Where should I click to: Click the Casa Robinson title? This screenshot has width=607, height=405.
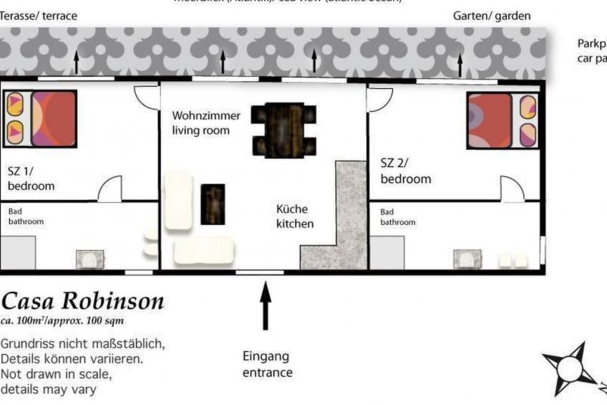pos(82,300)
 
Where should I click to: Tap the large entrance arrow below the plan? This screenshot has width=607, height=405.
pos(266,305)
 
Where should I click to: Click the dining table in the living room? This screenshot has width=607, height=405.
pos(284,130)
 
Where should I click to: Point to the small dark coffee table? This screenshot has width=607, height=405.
pos(213,204)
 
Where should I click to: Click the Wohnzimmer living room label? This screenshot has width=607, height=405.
pos(206,123)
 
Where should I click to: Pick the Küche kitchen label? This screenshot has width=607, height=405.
pos(295,216)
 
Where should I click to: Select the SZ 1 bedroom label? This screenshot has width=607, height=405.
pos(31,178)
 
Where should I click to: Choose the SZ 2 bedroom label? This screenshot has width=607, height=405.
pos(405,171)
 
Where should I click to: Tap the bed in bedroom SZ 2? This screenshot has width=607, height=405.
pos(502,120)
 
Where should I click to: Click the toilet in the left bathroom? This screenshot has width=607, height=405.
pos(90,259)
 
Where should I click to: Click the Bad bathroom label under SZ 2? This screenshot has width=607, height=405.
pos(397,217)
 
